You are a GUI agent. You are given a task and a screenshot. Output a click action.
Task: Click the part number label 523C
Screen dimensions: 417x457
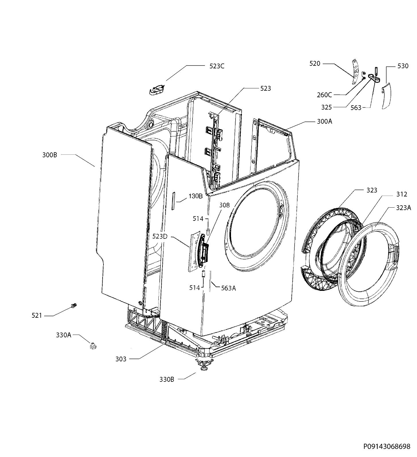point(217,66)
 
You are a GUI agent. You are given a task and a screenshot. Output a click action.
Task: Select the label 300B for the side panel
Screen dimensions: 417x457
point(50,155)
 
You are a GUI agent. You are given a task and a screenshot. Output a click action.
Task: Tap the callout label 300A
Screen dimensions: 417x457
point(324,121)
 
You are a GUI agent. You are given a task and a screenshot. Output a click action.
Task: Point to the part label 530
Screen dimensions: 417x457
point(403,66)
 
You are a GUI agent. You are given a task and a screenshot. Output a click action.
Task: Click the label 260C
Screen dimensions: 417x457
point(324,95)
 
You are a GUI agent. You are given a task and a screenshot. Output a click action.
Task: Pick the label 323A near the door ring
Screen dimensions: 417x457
point(404,208)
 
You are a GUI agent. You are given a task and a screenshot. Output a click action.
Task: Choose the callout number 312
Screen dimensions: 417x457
point(402,194)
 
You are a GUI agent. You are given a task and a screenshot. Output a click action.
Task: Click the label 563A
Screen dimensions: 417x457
point(228,288)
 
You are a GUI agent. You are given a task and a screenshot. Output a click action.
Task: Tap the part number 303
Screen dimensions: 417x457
point(121,359)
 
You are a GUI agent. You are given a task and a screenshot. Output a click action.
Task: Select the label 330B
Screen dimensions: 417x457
point(167,379)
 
